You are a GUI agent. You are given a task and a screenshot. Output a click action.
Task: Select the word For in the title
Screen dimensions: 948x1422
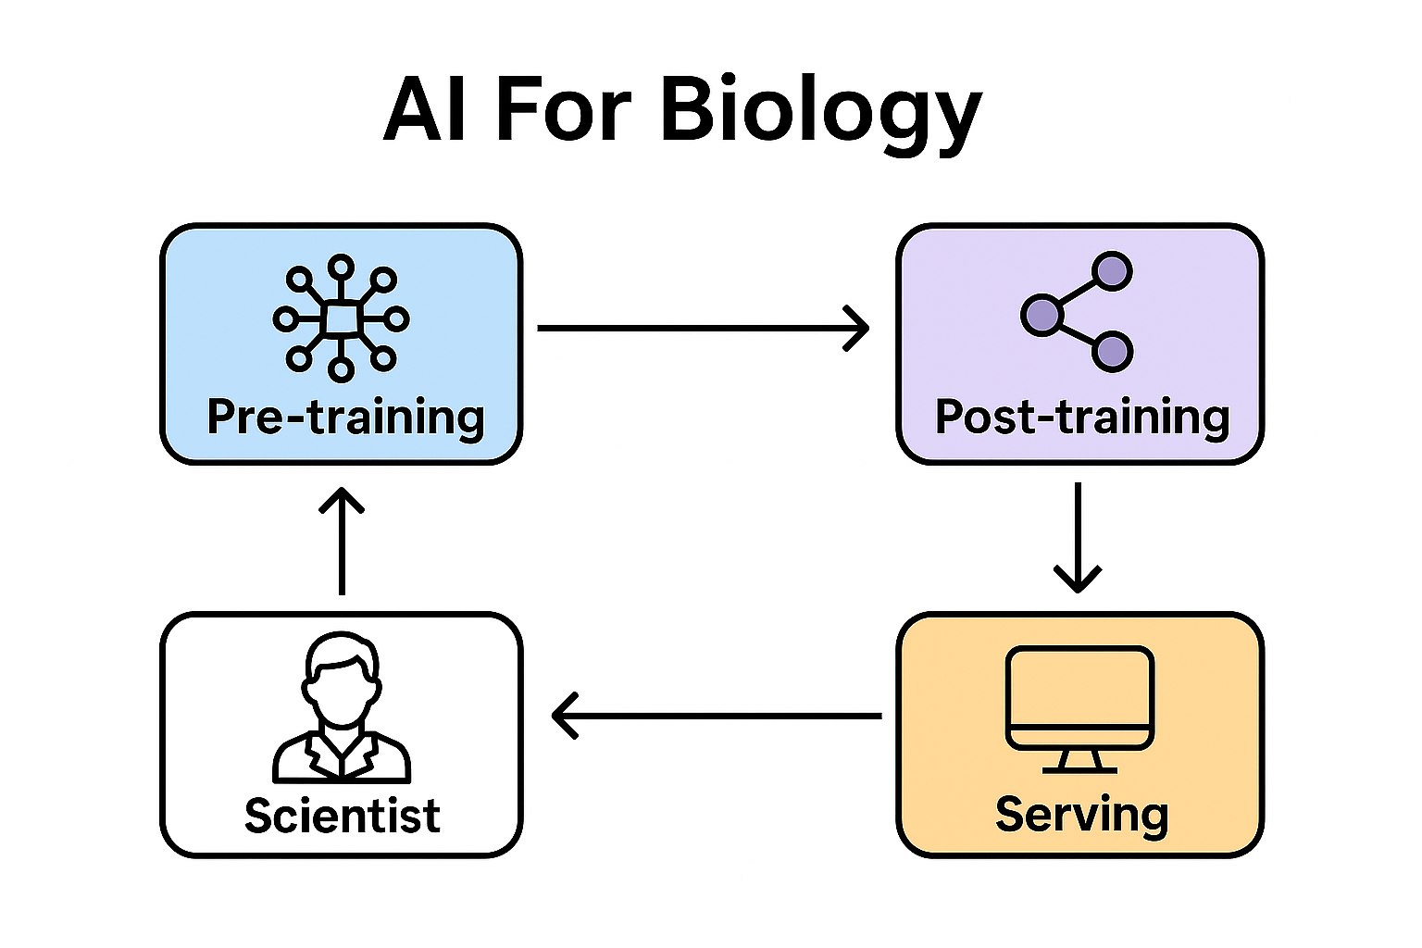564,108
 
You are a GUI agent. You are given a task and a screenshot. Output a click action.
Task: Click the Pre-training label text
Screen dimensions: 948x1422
345,417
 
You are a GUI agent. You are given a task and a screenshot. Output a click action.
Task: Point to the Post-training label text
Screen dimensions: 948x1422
1081,417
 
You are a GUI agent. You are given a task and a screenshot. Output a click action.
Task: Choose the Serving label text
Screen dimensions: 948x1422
1081,815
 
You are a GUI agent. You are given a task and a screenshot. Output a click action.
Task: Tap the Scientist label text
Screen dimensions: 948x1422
342,816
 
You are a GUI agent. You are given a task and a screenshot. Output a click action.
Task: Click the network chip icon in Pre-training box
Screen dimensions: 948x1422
342,319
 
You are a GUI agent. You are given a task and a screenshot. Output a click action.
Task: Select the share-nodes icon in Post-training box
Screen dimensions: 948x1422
1078,312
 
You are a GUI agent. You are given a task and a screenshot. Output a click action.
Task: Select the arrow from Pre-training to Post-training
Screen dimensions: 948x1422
703,328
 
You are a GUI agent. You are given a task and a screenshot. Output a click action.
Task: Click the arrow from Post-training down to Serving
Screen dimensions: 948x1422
1078,537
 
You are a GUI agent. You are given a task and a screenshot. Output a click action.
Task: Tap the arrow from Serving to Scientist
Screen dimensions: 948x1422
716,716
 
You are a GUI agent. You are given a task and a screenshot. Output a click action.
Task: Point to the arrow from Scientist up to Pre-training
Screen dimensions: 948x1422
342,542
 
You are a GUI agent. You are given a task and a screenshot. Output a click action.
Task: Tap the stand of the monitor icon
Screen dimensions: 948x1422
1079,761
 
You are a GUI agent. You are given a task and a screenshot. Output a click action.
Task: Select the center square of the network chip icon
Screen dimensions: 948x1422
342,319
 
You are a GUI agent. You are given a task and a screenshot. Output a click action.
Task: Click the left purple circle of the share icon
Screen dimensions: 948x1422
1041,315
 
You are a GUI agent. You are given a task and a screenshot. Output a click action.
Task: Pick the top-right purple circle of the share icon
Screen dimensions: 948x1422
1112,272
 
